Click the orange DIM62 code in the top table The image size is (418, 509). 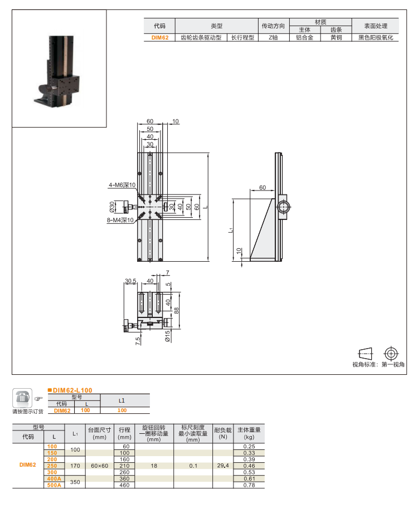click(159, 38)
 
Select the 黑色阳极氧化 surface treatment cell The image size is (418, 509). click(375, 38)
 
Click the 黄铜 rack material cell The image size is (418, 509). click(336, 38)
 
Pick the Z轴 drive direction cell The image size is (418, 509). click(273, 38)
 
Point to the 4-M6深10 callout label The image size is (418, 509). click(122, 185)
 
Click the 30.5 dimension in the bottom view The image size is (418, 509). click(130, 281)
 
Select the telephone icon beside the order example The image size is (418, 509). click(22, 398)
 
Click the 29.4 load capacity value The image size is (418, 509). click(223, 466)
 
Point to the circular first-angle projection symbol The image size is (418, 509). click(391, 353)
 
